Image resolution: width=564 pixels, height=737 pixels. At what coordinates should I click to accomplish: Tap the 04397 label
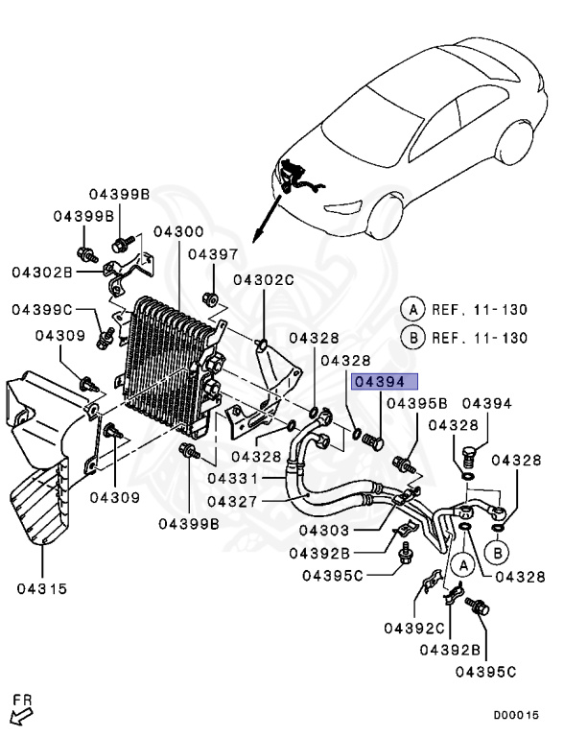point(212,254)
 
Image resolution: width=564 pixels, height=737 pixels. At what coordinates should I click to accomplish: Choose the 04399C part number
point(43,309)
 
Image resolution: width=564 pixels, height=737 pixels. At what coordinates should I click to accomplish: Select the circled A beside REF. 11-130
point(412,309)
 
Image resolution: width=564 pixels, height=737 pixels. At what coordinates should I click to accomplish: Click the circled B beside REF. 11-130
point(412,338)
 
